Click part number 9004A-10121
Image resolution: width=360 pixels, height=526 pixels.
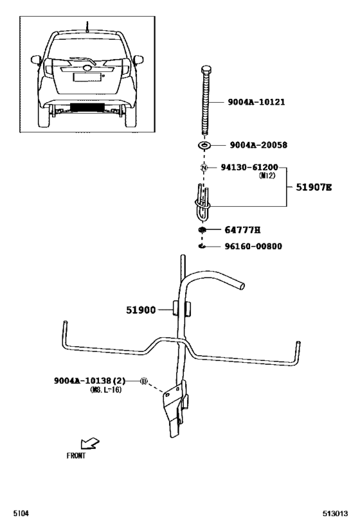click(x=256, y=102)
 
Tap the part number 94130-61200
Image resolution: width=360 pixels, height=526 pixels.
click(x=249, y=167)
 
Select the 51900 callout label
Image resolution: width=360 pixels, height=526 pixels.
click(x=141, y=310)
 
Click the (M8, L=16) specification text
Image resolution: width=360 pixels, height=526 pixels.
click(x=107, y=390)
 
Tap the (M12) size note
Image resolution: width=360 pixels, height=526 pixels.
click(x=267, y=175)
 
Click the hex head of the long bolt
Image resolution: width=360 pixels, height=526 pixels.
click(x=205, y=70)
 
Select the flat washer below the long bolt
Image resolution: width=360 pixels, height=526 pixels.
click(x=205, y=146)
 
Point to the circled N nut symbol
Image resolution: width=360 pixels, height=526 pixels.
click(x=204, y=168)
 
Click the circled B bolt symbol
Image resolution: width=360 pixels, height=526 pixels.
click(x=144, y=381)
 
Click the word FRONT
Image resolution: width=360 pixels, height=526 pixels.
click(x=75, y=456)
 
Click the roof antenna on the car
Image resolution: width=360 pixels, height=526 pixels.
click(x=86, y=27)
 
